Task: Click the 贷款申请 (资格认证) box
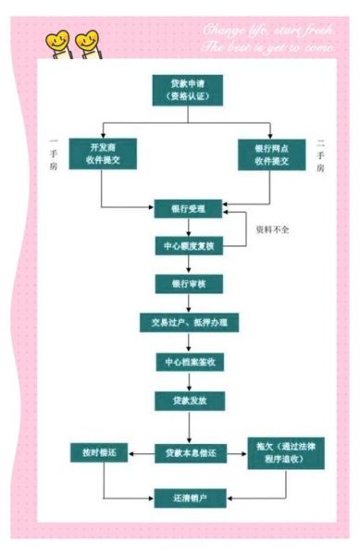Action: pos(190,91)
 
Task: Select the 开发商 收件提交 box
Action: pos(102,154)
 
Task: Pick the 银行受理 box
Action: pos(190,208)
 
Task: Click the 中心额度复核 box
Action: pos(190,246)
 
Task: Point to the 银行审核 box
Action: pos(190,283)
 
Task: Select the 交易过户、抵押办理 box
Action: pos(190,322)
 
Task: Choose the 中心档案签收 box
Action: pos(190,362)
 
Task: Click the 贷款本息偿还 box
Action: pos(190,452)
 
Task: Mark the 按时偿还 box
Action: pos(102,452)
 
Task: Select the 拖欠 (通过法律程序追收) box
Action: pos(280,453)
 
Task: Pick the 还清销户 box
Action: pos(190,499)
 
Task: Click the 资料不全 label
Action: pos(275,228)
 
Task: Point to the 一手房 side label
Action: pos(54,154)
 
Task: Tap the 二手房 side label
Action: pos(321,154)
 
